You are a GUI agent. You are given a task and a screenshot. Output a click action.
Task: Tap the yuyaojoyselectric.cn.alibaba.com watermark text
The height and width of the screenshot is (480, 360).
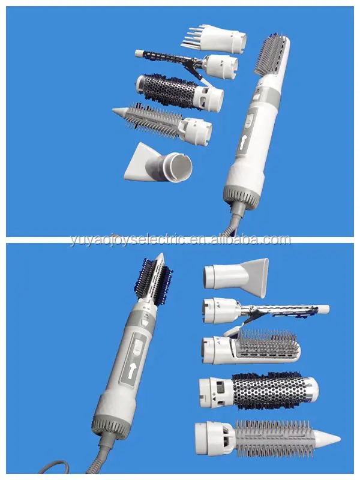pos(179,240)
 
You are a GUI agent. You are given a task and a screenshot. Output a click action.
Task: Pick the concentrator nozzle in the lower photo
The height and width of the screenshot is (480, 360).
pos(235,273)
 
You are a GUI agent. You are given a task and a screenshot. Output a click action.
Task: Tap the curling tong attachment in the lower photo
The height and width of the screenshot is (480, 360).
pos(264,309)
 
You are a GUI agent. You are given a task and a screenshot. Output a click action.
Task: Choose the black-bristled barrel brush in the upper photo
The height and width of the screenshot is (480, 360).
pos(178,91)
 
